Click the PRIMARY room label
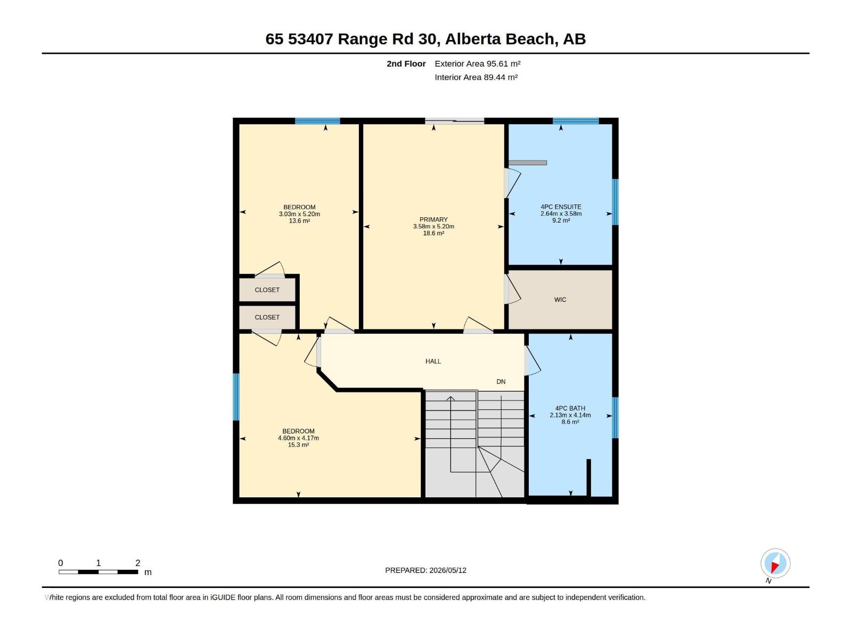point(433,219)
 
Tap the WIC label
point(560,299)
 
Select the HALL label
point(433,361)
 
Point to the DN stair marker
point(501,382)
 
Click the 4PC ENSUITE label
point(561,207)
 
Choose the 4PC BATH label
point(570,408)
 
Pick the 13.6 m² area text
point(299,221)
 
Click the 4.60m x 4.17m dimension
point(298,438)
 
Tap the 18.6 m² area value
point(433,233)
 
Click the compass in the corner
point(775,563)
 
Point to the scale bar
point(98,572)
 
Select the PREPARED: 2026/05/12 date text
point(425,570)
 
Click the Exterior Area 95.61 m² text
point(477,63)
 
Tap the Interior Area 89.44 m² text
point(476,77)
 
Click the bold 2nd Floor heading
point(406,63)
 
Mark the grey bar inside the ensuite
point(528,162)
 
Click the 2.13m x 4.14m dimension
point(570,415)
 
